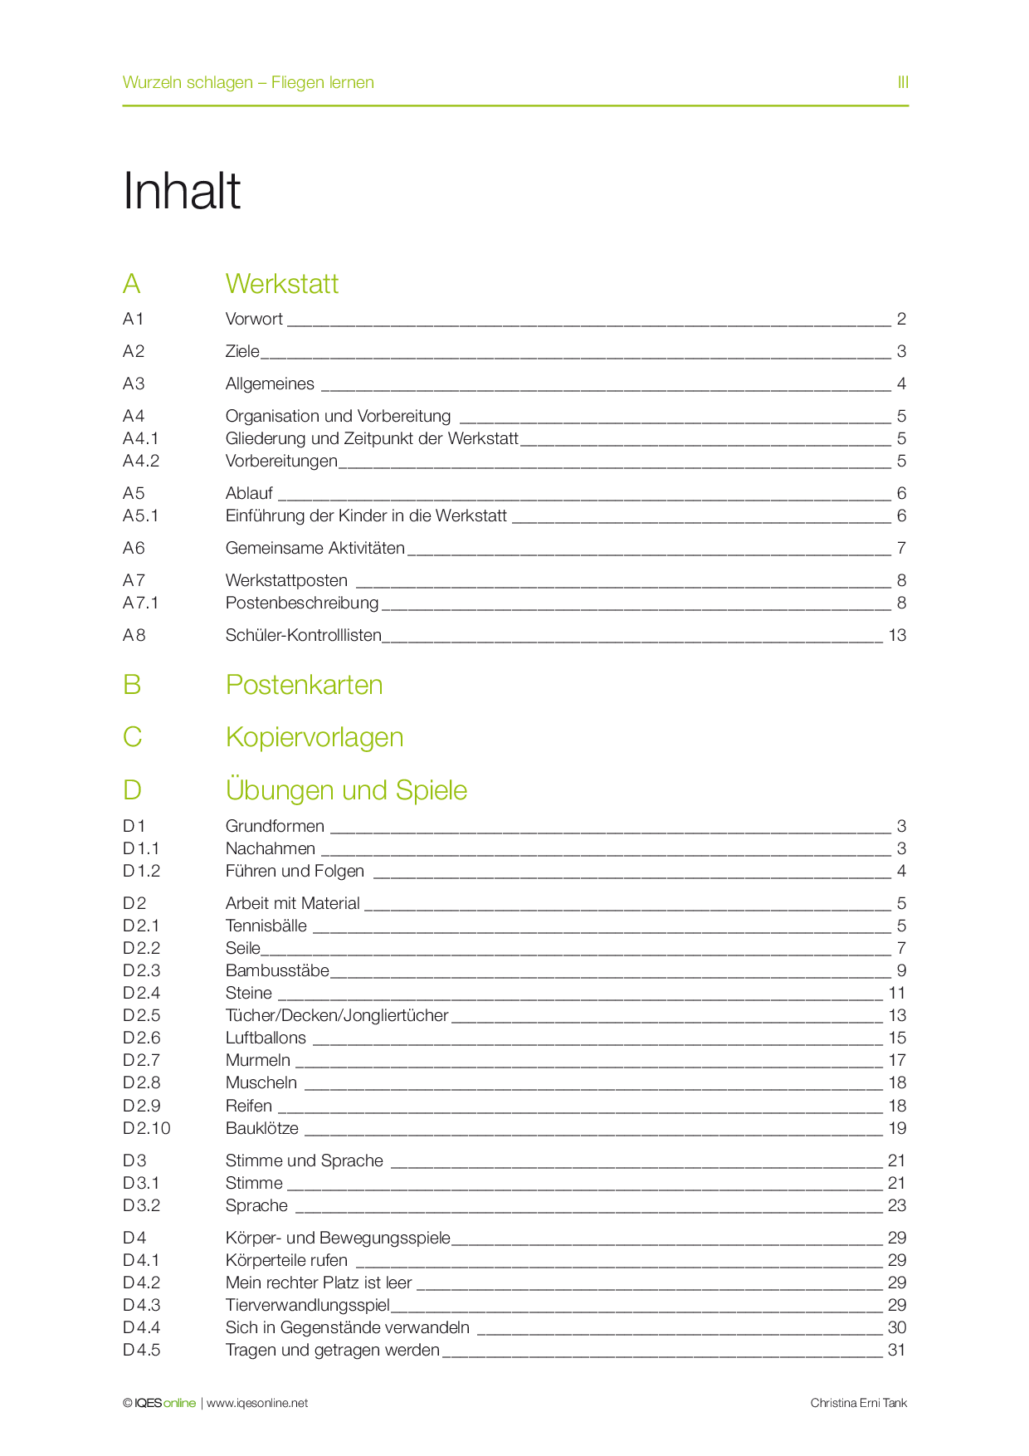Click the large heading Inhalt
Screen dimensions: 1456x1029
[182, 191]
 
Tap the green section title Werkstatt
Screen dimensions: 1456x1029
[281, 284]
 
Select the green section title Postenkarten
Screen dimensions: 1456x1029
[304, 685]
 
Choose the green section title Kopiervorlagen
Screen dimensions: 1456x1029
[314, 737]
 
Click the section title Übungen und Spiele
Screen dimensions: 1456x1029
[346, 790]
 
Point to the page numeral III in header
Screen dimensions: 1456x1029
[903, 82]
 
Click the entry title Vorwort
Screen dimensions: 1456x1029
[254, 319]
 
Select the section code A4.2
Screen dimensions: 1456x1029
[141, 461]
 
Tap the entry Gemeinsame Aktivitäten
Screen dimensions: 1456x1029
[315, 548]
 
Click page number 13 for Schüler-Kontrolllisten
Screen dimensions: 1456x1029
[897, 635]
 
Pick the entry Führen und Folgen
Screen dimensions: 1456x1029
[295, 871]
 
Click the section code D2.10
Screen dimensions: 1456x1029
[146, 1128]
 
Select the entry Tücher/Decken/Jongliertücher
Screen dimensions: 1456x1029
[336, 1015]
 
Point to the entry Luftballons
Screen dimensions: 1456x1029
[266, 1038]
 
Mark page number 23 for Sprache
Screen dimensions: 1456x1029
[897, 1205]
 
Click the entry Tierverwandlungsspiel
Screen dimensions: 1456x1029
[307, 1305]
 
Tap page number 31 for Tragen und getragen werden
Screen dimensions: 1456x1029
[897, 1350]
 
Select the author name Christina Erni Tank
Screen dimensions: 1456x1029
[858, 1403]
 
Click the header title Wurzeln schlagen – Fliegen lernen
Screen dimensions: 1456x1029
[248, 82]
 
